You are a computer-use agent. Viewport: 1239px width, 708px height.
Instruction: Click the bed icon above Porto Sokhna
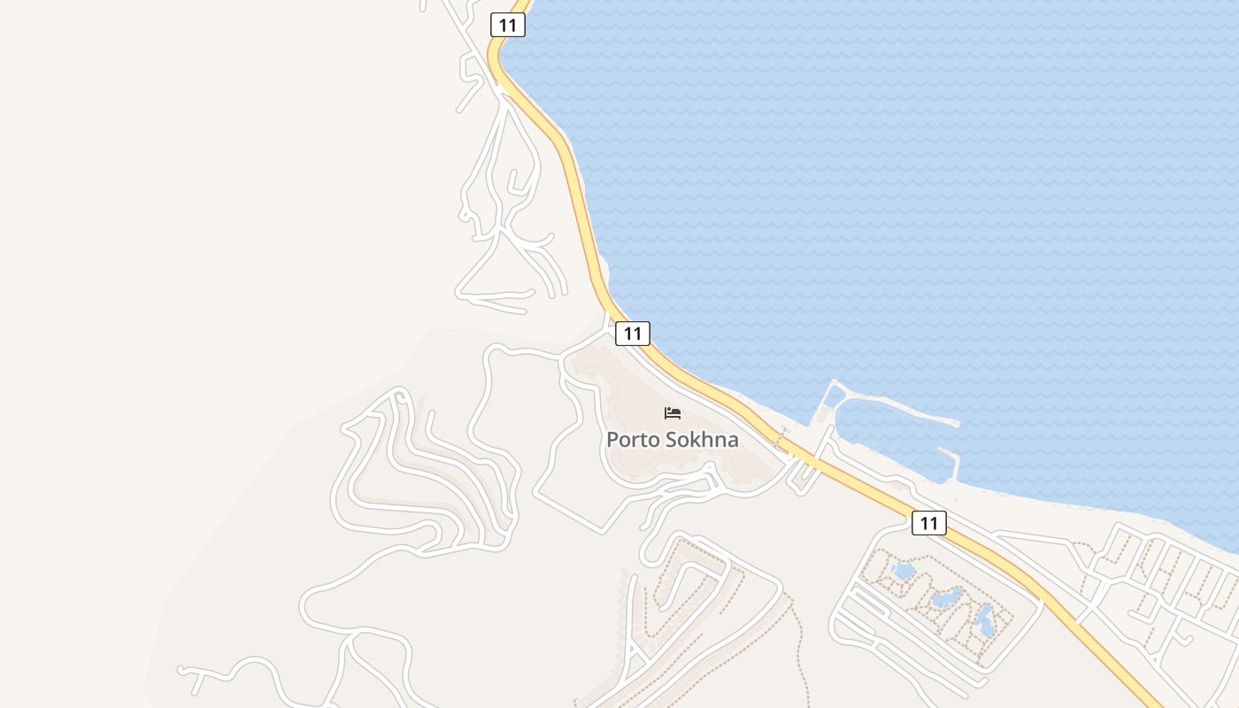click(x=673, y=413)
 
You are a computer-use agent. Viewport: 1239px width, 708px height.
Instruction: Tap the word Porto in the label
click(x=634, y=440)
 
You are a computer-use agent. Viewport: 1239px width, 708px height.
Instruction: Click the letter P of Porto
click(x=612, y=440)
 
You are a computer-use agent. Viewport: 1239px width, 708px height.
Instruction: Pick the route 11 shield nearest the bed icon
click(x=632, y=334)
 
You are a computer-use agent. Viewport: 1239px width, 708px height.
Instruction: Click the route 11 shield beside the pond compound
click(x=928, y=523)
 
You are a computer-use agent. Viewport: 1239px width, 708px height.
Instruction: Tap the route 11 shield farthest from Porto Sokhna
click(x=507, y=25)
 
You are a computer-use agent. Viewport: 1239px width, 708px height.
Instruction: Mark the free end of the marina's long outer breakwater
click(x=956, y=422)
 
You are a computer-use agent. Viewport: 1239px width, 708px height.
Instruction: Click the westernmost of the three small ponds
click(x=904, y=571)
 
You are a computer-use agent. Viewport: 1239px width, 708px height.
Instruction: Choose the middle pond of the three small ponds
click(x=947, y=597)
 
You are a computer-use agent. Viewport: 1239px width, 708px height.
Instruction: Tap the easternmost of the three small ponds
click(x=984, y=621)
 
